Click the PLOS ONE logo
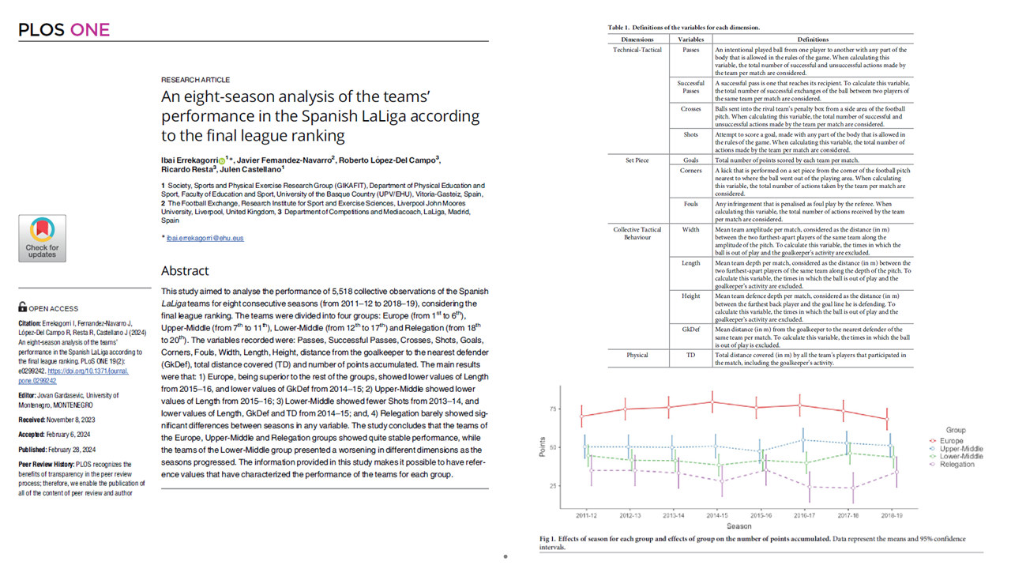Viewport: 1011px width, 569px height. (x=64, y=30)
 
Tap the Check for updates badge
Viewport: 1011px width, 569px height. (x=42, y=238)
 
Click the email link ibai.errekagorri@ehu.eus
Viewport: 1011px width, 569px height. (x=205, y=238)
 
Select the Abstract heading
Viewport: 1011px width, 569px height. (x=185, y=270)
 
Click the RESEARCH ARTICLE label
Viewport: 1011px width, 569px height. (x=195, y=80)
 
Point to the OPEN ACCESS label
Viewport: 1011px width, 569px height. (x=53, y=308)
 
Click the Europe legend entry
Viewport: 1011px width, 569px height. (x=951, y=440)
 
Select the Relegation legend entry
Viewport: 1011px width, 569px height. (x=957, y=464)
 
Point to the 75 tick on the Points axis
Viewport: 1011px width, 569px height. (x=553, y=409)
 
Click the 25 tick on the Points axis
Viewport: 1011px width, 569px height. (x=553, y=485)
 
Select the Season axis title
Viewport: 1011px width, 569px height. (x=739, y=526)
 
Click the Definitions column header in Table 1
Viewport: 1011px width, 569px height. (x=813, y=40)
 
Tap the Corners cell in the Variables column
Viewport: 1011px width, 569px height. (x=691, y=170)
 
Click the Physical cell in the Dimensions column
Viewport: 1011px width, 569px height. (x=637, y=355)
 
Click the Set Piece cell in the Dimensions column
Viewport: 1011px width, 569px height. (x=637, y=160)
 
